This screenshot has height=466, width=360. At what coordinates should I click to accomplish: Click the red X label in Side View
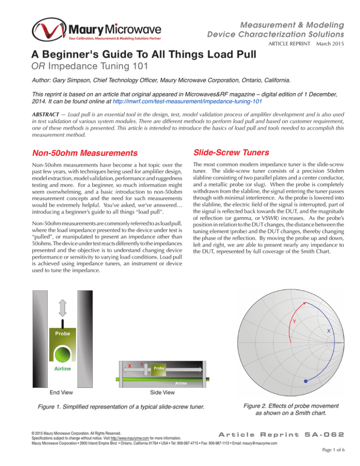(x=129, y=366)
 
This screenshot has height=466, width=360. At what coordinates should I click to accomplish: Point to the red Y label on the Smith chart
(x=294, y=321)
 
